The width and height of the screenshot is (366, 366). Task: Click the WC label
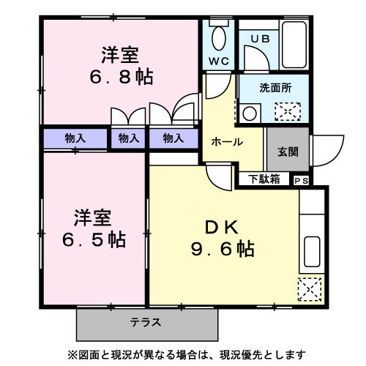[x=219, y=61]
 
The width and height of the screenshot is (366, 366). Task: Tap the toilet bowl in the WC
[x=219, y=39]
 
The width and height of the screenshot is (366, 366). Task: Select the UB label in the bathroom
[x=261, y=39]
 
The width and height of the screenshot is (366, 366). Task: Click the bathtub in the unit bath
[x=294, y=45]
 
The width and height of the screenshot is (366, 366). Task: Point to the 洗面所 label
[x=275, y=88]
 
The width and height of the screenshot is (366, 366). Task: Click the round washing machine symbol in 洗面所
[x=250, y=113]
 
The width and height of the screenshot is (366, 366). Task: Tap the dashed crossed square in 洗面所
[x=288, y=112]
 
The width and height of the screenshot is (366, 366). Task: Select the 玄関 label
[x=288, y=152]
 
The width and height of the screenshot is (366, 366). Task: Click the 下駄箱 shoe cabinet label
[x=264, y=179]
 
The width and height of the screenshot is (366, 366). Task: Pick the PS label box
[x=302, y=181]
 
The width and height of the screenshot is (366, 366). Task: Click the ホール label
[x=227, y=142]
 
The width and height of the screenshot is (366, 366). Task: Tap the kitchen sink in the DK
[x=312, y=252]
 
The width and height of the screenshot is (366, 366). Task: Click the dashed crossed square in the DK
[x=310, y=290]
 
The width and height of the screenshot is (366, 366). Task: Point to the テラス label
[x=146, y=322]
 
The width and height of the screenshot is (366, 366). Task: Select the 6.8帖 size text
[x=122, y=77]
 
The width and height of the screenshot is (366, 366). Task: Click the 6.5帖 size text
[x=94, y=239]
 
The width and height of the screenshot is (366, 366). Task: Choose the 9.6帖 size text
[x=223, y=249]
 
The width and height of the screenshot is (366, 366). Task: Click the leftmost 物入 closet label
[x=75, y=138]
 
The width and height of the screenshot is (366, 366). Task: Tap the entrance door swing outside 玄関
[x=329, y=151]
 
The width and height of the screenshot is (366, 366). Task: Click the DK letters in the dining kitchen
[x=222, y=227]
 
